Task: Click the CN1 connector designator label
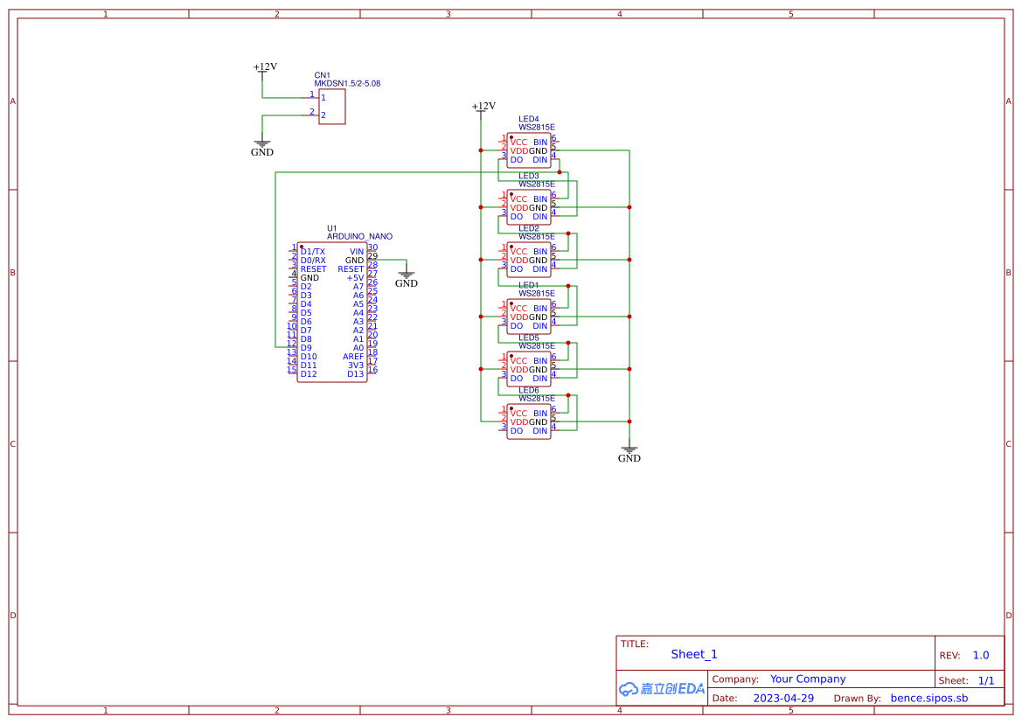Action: [322, 76]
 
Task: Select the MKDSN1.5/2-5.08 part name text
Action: [347, 84]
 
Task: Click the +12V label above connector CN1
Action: [265, 66]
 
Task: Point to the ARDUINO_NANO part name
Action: [359, 236]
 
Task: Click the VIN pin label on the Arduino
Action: [356, 252]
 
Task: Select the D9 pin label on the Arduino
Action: [306, 348]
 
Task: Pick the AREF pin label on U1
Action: [353, 357]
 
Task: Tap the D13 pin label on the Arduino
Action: [355, 374]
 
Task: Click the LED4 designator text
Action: [528, 119]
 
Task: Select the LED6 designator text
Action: [528, 390]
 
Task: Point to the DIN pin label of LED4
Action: [539, 160]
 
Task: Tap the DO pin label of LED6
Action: [516, 431]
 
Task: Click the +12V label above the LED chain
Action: [483, 107]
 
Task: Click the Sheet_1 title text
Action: [694, 654]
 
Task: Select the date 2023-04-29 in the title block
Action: [783, 698]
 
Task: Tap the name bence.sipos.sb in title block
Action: [928, 698]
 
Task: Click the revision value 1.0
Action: [981, 655]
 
